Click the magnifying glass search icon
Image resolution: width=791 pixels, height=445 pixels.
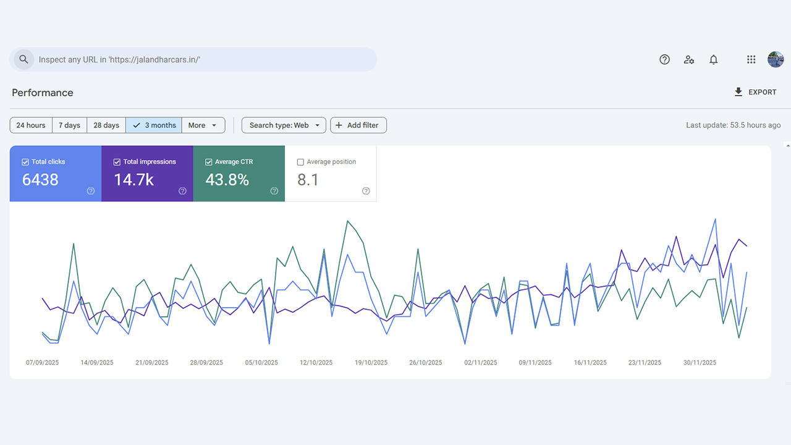[23, 59]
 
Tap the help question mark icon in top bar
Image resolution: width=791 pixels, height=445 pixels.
[664, 59]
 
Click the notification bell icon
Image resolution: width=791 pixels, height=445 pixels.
[713, 59]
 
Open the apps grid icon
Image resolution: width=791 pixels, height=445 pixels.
[751, 59]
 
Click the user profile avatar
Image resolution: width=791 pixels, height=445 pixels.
[776, 59]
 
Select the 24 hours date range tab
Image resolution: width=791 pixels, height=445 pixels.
[31, 125]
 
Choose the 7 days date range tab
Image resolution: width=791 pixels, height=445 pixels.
[69, 125]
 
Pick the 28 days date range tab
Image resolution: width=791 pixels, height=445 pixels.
[106, 125]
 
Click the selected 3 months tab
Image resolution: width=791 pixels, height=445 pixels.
[154, 125]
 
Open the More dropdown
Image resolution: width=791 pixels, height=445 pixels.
[203, 125]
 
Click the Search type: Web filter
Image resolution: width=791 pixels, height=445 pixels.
[284, 125]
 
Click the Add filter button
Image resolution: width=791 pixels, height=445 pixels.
[358, 125]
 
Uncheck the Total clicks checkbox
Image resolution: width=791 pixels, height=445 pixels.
[25, 162]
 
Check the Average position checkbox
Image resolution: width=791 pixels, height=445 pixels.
[300, 162]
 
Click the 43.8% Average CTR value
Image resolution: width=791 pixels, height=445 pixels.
[227, 180]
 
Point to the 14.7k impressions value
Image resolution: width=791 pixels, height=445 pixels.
[133, 180]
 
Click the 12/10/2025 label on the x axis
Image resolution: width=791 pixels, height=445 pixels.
[316, 363]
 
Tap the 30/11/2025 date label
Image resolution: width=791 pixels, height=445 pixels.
[700, 363]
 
